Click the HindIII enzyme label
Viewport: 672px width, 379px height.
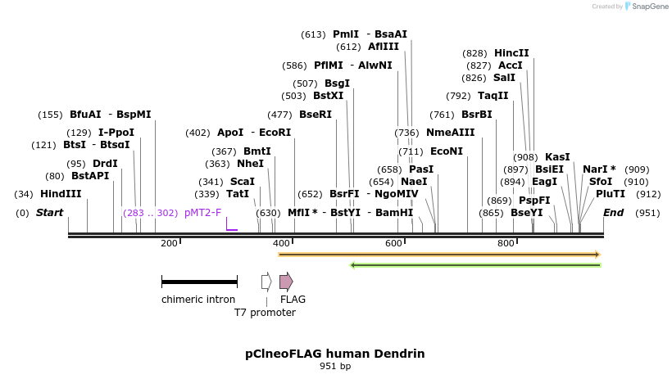(61, 194)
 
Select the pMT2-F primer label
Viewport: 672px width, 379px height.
(202, 213)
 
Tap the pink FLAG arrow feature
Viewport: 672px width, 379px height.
(286, 282)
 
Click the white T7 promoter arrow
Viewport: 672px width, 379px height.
(266, 282)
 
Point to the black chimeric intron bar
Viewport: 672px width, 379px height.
(199, 282)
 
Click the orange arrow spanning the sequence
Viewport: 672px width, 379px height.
(439, 255)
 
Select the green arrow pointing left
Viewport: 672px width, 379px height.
(475, 265)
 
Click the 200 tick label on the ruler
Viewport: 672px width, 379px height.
(169, 243)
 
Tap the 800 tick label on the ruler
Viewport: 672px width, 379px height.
(506, 243)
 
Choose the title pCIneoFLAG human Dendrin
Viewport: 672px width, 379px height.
(335, 354)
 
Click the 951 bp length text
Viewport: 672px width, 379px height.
(335, 366)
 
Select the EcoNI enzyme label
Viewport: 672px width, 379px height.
(447, 151)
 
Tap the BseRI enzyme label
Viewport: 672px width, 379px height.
(316, 115)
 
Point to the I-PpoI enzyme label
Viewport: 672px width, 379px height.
(116, 133)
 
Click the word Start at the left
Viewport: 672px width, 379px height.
(49, 213)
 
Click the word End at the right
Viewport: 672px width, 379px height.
(613, 213)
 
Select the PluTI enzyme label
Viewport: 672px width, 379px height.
(611, 194)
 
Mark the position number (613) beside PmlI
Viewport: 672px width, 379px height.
(313, 34)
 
